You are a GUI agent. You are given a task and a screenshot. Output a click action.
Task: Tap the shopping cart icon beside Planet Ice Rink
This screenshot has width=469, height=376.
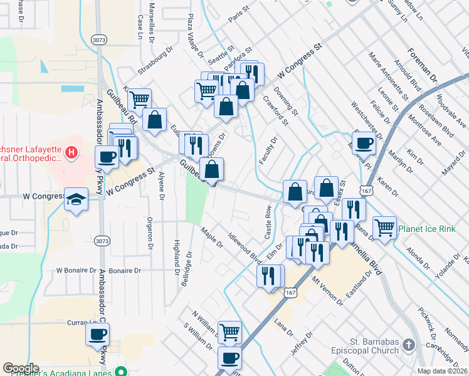click(x=384, y=226)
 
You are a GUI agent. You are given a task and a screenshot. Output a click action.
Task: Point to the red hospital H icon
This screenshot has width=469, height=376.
click(x=72, y=152)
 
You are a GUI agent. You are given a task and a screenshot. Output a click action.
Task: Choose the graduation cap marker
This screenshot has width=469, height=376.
click(x=76, y=199)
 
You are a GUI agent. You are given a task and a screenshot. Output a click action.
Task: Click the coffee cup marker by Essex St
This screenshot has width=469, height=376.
click(x=363, y=144)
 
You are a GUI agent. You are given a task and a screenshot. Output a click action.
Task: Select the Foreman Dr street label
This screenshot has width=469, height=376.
click(x=422, y=65)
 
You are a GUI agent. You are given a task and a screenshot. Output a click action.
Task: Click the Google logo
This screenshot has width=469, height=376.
click(x=21, y=368)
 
